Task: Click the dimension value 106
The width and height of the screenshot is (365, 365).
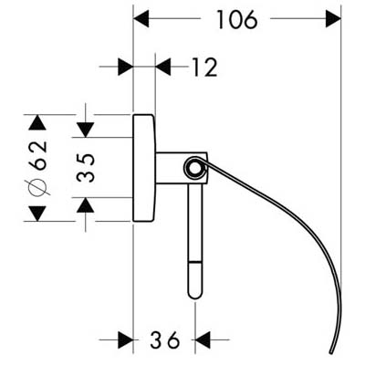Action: (237, 20)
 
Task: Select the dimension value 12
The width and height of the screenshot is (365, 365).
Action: (204, 67)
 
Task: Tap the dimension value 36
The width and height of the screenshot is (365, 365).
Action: (164, 339)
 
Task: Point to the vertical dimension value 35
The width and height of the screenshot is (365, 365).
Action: (86, 168)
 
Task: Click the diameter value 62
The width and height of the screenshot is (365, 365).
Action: (38, 155)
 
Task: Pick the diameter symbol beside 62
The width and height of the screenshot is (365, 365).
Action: (38, 187)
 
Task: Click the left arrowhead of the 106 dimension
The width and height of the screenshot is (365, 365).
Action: (141, 18)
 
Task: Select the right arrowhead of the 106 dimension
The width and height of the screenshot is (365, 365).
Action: (333, 18)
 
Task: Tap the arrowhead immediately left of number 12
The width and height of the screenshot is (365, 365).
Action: (163, 67)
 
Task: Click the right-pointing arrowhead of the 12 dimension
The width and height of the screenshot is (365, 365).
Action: (126, 67)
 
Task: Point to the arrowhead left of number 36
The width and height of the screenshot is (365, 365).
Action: (126, 339)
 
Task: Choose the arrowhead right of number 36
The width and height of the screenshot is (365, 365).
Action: (203, 339)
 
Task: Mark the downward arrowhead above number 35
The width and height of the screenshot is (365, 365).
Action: (86, 130)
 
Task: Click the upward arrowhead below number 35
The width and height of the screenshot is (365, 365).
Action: (86, 205)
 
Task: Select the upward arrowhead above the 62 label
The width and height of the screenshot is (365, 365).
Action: (37, 122)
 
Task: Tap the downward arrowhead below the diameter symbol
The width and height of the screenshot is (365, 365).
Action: (37, 214)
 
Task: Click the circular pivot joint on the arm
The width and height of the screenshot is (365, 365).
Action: (195, 167)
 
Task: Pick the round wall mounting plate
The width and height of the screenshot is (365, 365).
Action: (144, 168)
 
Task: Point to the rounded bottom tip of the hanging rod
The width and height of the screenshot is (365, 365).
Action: (195, 296)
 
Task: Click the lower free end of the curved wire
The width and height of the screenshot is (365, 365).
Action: (331, 353)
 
